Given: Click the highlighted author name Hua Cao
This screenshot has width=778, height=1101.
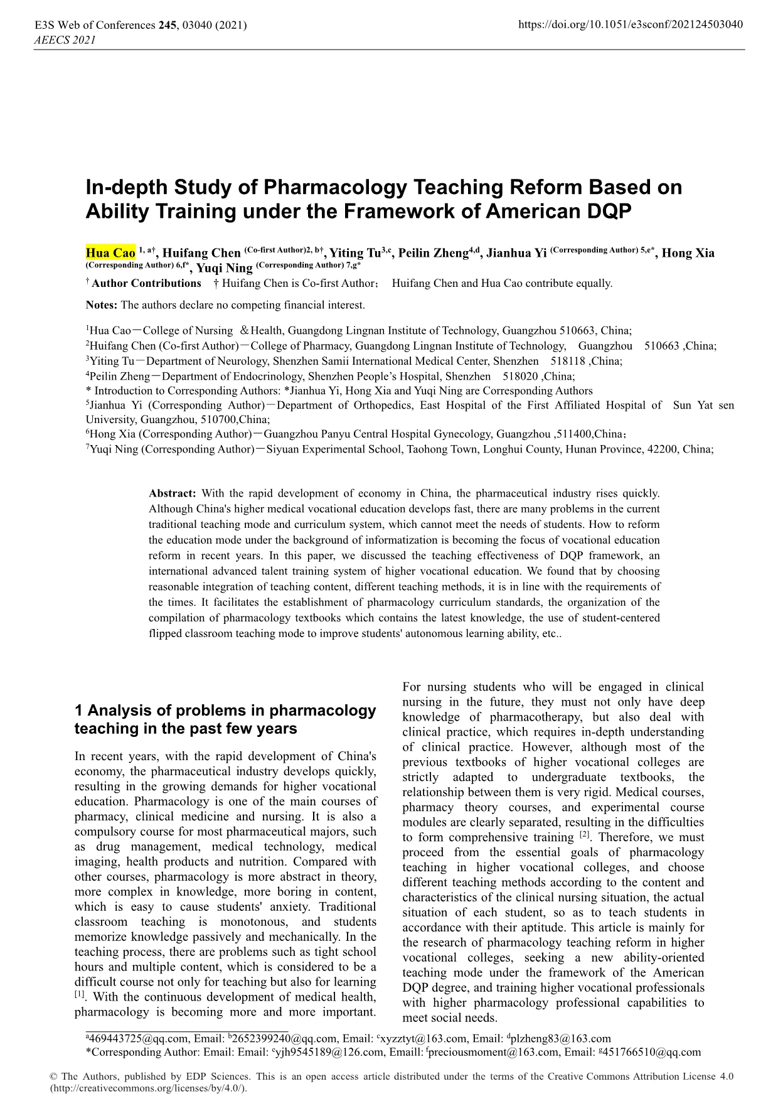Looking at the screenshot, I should (x=110, y=254).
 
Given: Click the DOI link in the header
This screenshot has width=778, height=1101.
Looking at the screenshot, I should (x=631, y=25).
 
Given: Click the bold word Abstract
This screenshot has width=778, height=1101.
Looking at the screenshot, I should (x=173, y=494).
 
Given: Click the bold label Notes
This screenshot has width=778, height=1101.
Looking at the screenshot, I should (x=101, y=306).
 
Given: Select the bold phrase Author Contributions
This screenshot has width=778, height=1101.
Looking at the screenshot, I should (x=146, y=284).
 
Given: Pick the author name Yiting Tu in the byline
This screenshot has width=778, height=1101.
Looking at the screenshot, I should (x=355, y=254).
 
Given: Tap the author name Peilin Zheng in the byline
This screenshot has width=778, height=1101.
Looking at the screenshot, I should (x=434, y=254).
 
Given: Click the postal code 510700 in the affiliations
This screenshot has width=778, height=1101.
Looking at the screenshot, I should (x=217, y=420).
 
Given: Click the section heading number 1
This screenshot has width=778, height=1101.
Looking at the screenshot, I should (x=79, y=711).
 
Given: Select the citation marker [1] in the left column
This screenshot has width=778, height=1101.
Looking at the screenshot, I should (x=80, y=994).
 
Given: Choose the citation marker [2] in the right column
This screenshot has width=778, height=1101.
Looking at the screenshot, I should (x=584, y=835).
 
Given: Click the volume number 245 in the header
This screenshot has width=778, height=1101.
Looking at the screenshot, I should (x=167, y=26).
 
